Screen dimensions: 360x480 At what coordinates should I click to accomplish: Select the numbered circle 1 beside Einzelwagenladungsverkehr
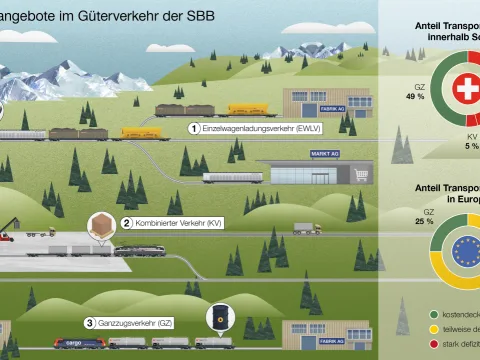[194, 128]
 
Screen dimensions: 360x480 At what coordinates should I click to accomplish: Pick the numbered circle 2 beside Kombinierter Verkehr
[126, 223]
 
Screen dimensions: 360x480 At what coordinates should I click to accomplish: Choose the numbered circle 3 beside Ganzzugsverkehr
[90, 323]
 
